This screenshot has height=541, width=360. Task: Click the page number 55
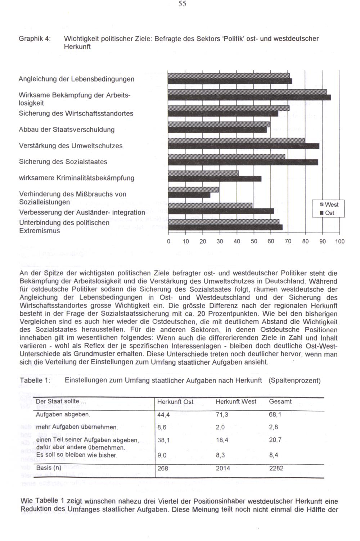[x=182, y=4]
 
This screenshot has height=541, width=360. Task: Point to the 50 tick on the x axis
[x=254, y=242]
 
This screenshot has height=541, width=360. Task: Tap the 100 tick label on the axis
[x=339, y=242]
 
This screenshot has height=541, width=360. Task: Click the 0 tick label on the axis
[x=168, y=242]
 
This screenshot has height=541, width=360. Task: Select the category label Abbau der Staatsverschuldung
[x=67, y=130]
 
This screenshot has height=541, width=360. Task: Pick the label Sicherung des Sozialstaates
[x=63, y=162]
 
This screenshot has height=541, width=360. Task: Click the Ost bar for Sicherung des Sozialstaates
[x=243, y=162]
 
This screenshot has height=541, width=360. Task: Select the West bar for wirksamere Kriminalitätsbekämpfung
[x=203, y=173]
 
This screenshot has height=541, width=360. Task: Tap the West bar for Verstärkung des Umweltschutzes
[x=237, y=140]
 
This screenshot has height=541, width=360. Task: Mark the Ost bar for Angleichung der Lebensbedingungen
[x=230, y=81]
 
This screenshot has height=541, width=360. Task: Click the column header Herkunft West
[x=236, y=402]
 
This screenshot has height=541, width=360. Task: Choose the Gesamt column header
[x=280, y=402]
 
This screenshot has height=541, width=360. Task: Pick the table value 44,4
[x=163, y=415]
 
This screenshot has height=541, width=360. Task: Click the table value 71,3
[x=222, y=415]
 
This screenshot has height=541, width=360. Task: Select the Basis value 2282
[x=276, y=468]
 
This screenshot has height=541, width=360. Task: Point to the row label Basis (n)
[x=49, y=468]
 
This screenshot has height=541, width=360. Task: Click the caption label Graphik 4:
[x=35, y=39]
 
